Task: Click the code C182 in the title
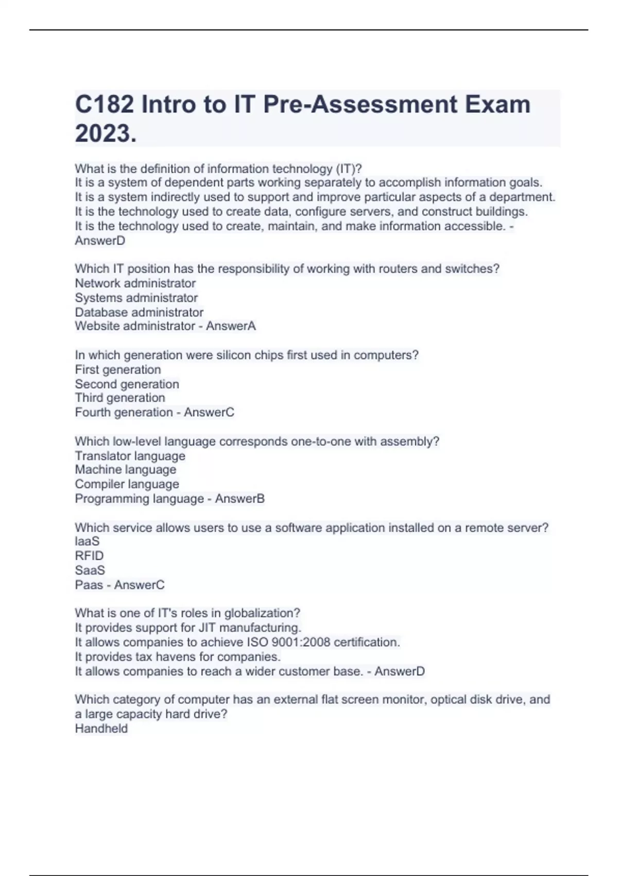pos(105,105)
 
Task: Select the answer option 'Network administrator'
pos(135,283)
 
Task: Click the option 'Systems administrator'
pos(136,298)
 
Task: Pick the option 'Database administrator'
pos(139,312)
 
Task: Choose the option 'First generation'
pos(118,369)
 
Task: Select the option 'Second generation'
pos(127,384)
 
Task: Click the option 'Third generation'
pos(120,398)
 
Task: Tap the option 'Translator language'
pos(130,456)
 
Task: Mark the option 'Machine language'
pos(125,469)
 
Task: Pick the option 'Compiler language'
pos(127,484)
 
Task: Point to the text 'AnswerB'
pos(240,499)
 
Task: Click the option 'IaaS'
pos(87,542)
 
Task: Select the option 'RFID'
pos(89,556)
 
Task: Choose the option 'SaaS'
pos(90,570)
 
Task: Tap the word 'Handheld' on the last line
pos(101,729)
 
